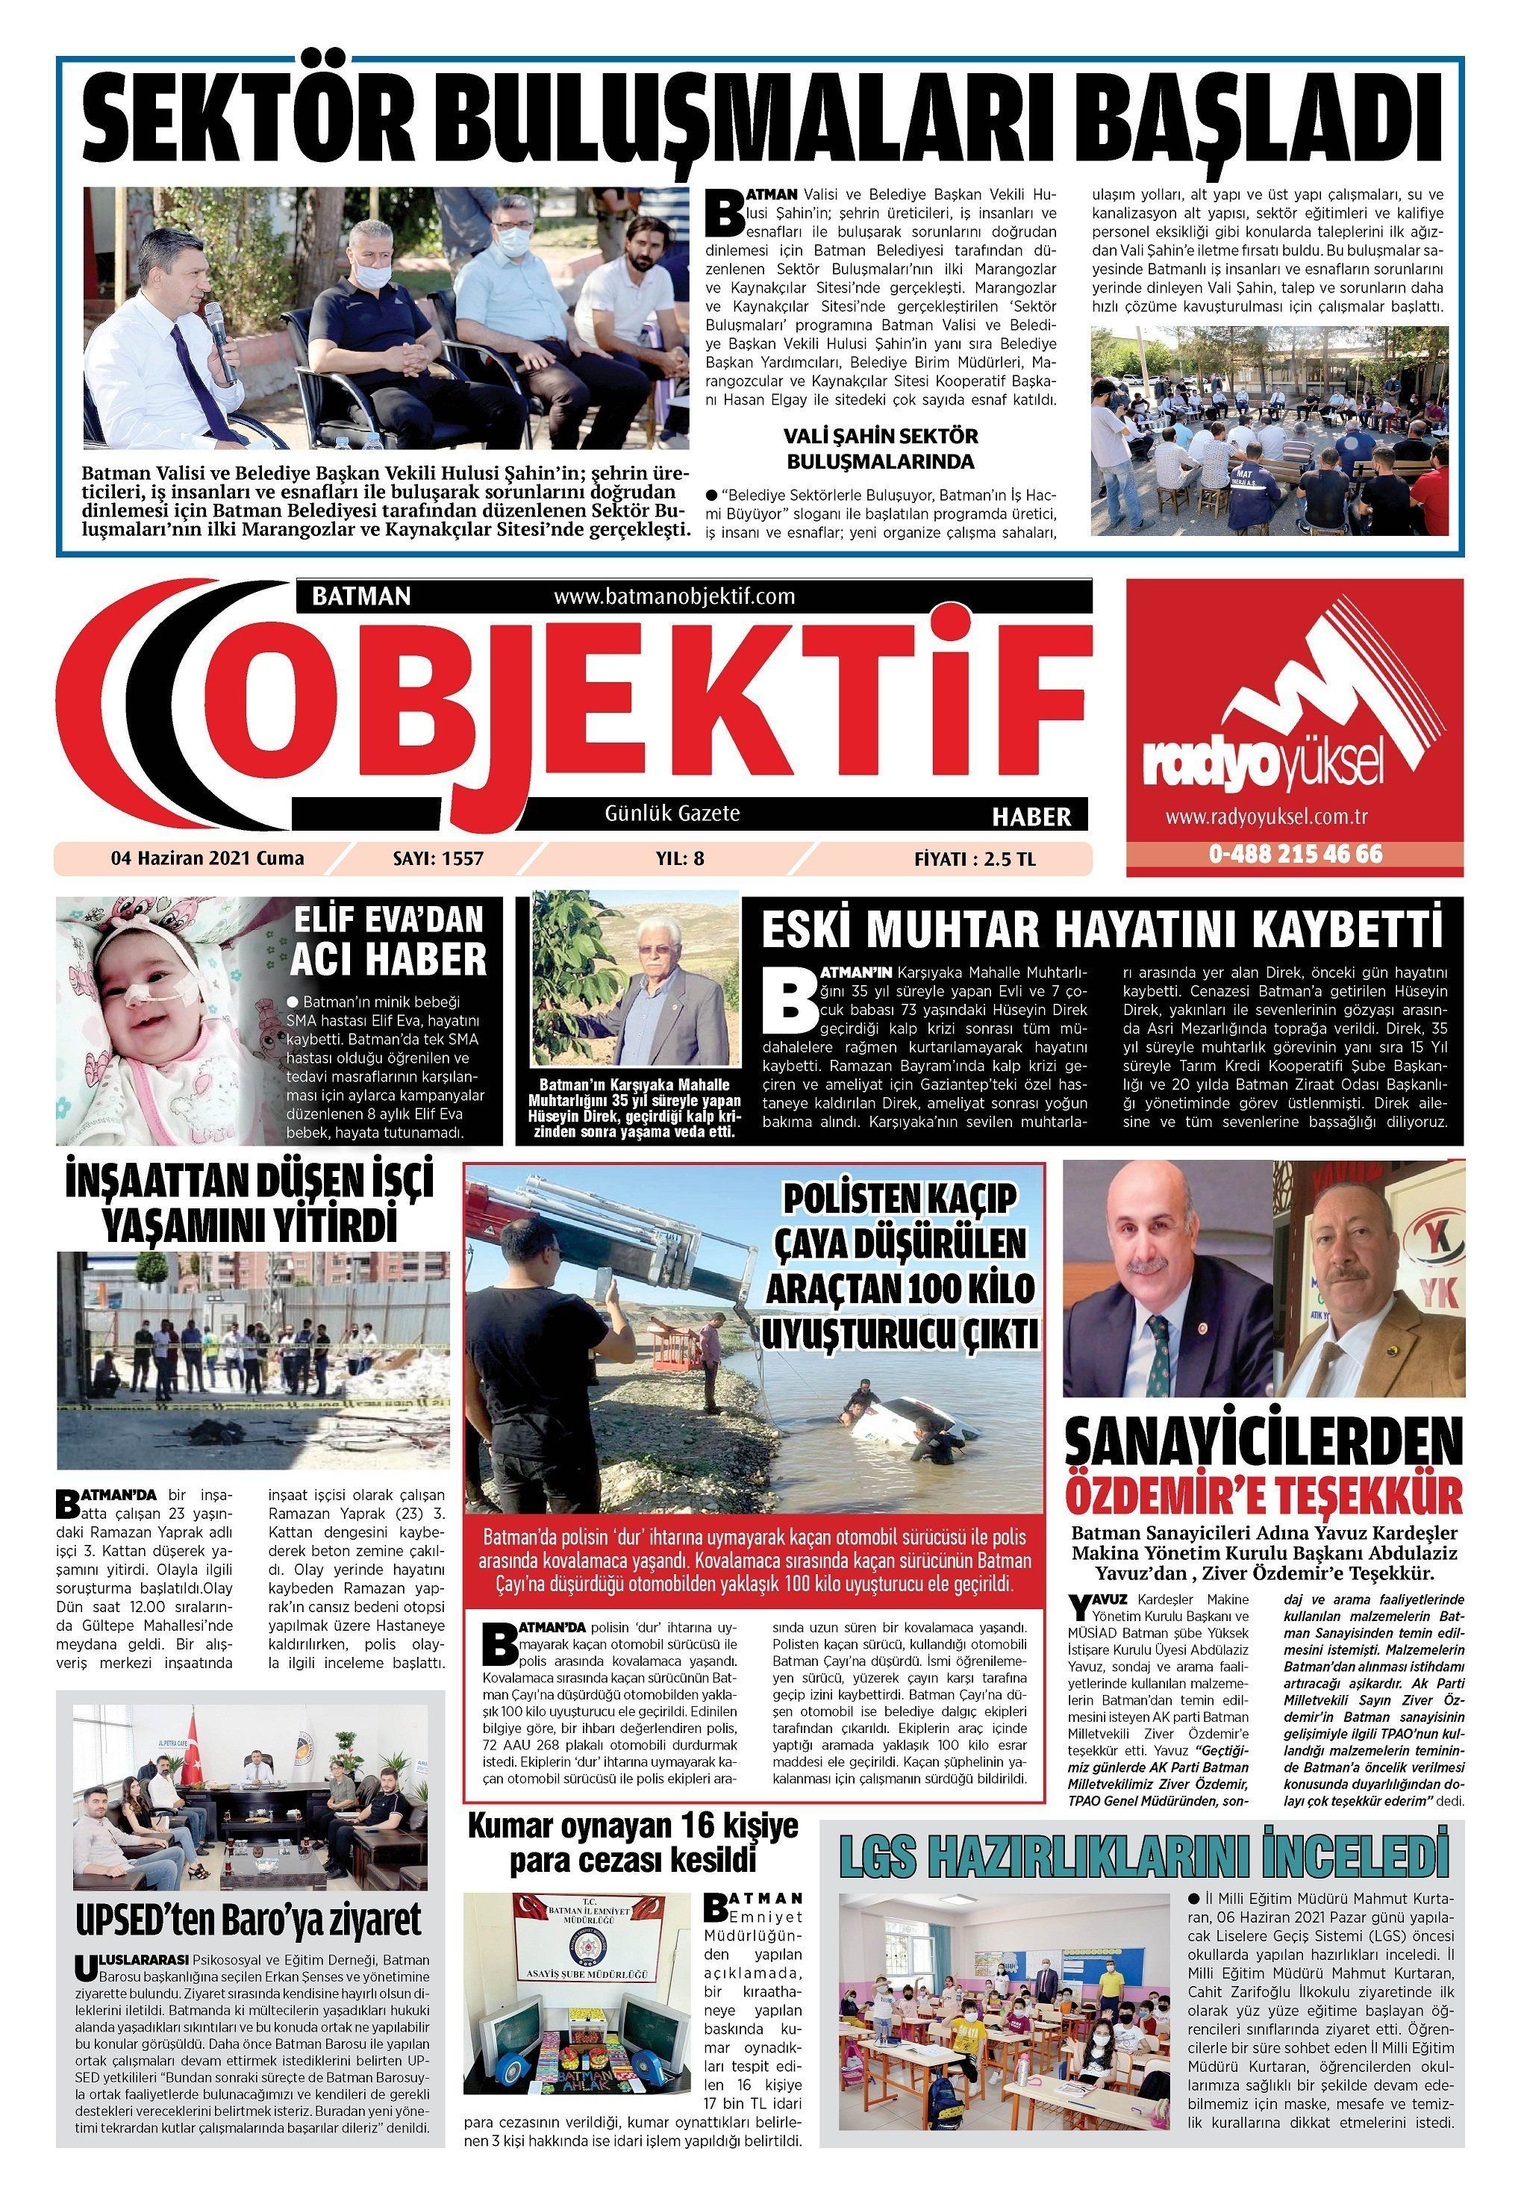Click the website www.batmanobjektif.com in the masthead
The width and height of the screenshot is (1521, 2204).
pos(673,596)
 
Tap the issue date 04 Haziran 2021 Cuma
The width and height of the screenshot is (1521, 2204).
pos(207,858)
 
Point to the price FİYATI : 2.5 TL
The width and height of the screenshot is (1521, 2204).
pos(974,858)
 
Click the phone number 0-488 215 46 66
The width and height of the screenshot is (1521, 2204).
pos(1295,854)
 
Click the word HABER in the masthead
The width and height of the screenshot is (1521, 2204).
pos(1031,817)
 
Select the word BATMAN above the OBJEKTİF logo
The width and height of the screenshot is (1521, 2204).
pos(361,596)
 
